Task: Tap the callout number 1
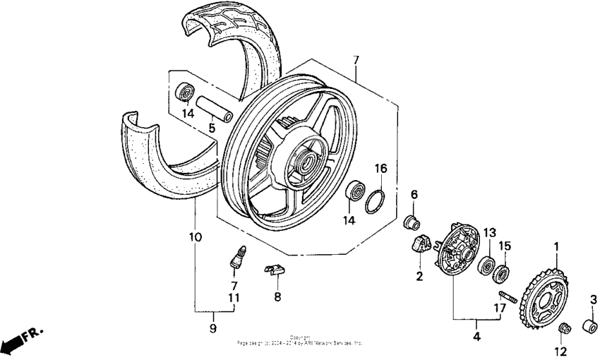[556, 246]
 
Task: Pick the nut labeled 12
[564, 329]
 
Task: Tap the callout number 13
[489, 233]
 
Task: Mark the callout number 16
[380, 169]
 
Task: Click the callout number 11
[233, 297]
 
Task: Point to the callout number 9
[212, 329]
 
